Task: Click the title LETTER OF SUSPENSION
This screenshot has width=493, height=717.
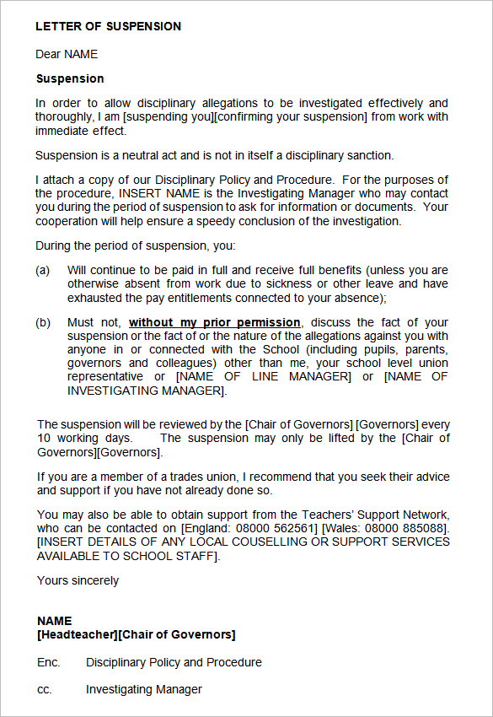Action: coord(108,26)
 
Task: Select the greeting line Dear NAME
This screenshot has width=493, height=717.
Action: coord(67,54)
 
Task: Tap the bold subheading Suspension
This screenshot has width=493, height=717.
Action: coord(70,78)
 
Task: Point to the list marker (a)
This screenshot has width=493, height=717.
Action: coord(42,270)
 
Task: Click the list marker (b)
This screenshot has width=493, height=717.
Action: coord(42,322)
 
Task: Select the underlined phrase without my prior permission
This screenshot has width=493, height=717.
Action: coord(214,322)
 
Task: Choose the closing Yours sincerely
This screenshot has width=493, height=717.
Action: coord(78,580)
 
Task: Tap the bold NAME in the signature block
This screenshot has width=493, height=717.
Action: coord(54,621)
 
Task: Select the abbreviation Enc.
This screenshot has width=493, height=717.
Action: coord(48,662)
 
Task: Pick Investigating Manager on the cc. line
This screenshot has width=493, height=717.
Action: coord(143,689)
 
